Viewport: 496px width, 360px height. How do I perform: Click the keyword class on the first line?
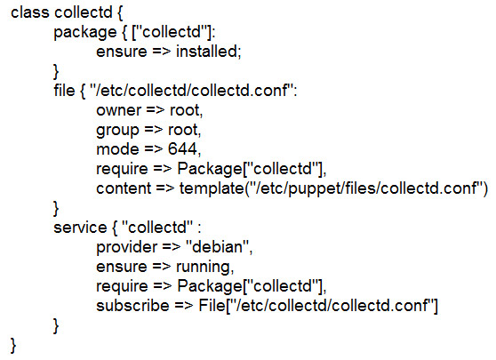[x=30, y=12]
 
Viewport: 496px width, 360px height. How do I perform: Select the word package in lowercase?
[x=85, y=33]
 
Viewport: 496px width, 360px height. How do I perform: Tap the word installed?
[x=208, y=52]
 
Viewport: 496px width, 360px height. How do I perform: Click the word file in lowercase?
[x=64, y=90]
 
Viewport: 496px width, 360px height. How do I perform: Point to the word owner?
[x=118, y=110]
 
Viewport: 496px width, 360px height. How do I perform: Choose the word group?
[x=117, y=131]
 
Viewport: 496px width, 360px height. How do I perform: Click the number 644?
[x=182, y=149]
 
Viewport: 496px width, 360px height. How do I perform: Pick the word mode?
[x=117, y=149]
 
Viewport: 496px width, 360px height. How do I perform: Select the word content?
[x=124, y=188]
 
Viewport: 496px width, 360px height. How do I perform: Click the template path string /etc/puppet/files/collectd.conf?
[x=366, y=188]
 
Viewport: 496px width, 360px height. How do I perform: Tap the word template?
[x=212, y=189]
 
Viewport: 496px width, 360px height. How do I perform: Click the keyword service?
[x=80, y=228]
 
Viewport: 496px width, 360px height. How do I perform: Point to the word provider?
[x=126, y=247]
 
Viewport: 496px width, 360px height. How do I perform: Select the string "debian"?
[x=218, y=247]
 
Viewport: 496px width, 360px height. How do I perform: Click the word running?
[x=204, y=268]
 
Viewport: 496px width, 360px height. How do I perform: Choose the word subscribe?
[x=132, y=306]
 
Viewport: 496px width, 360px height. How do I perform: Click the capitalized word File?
[x=212, y=306]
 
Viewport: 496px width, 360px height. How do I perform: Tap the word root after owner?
[x=186, y=110]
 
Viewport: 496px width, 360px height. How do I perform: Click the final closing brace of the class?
[x=13, y=346]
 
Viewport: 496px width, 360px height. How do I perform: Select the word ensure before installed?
[x=122, y=52]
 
